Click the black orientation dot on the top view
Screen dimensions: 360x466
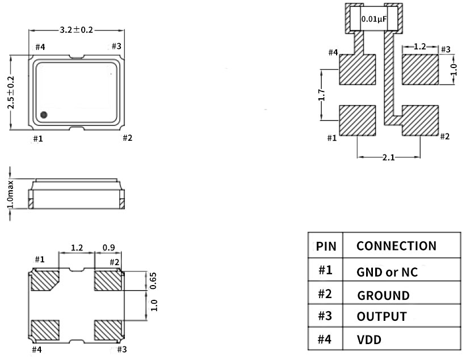click(x=44, y=115)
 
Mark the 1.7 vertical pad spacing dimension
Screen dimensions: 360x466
click(x=322, y=95)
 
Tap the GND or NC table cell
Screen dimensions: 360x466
click(x=387, y=272)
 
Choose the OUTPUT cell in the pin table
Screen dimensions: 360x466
click(x=382, y=316)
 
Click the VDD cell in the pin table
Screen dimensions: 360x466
click(x=369, y=340)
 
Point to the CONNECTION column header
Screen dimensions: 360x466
click(x=396, y=246)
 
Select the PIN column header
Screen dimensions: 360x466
click(x=326, y=246)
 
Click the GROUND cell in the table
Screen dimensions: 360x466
click(x=383, y=295)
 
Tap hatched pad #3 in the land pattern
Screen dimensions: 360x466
click(x=421, y=70)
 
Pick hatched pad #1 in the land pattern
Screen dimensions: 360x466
click(x=358, y=120)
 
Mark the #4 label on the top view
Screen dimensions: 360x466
click(x=40, y=47)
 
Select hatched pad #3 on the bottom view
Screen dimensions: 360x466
click(x=108, y=330)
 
